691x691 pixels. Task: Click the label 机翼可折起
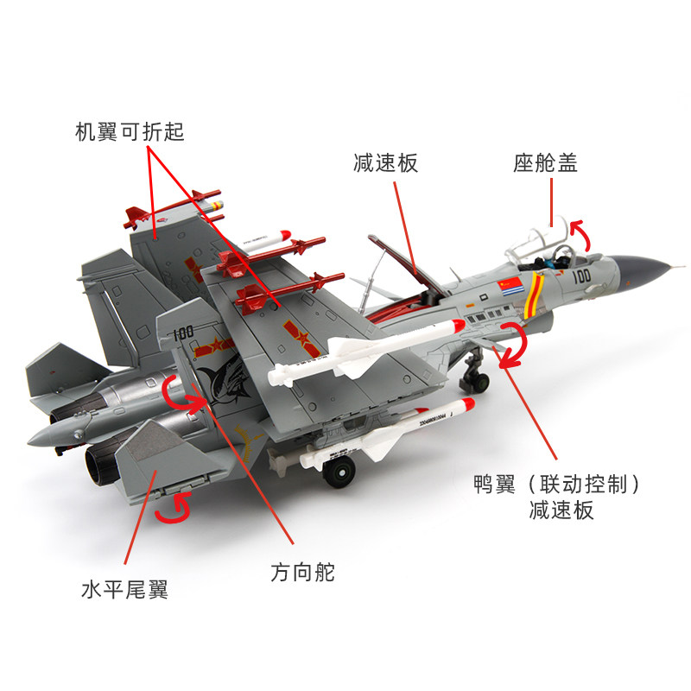(130, 131)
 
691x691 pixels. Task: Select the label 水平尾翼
(124, 590)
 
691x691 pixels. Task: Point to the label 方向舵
(302, 571)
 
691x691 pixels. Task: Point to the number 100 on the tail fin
(183, 333)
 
